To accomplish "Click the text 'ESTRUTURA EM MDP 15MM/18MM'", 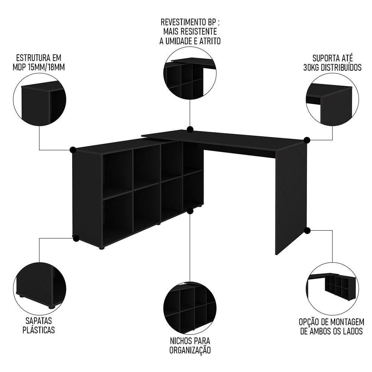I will pos(39,62).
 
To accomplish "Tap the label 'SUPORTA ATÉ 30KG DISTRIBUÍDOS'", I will pos(332,62).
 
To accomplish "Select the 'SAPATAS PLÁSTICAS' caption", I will pos(39,325).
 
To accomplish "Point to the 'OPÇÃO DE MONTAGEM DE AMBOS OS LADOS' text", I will pos(332,326).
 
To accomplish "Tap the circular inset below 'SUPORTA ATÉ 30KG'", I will pos(332,99).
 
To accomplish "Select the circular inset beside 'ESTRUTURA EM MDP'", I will pos(39,99).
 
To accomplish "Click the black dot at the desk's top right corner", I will pos(307,140).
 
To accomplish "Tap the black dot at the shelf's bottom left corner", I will pos(76,238).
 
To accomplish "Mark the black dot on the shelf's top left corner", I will pos(73,150).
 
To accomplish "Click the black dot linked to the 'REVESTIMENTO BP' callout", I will pos(190,129).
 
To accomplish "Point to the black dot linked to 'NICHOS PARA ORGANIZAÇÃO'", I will pos(190,211).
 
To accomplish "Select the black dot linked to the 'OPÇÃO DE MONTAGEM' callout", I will pos(307,230).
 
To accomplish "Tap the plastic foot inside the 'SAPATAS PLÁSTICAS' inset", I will pos(51,307).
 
